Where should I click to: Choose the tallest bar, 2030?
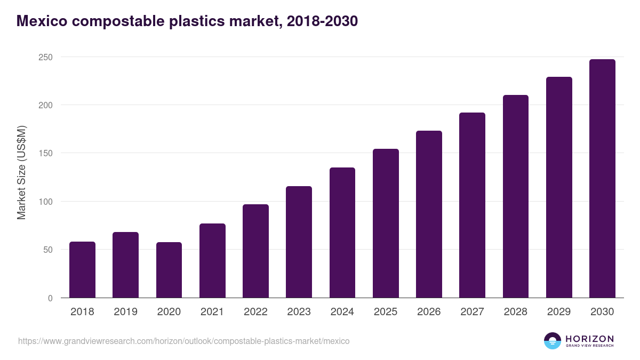602,178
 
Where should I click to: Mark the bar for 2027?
472,205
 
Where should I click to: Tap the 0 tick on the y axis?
50,298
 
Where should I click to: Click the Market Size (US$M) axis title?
21,172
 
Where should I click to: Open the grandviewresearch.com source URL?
183,341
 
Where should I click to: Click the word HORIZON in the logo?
589,338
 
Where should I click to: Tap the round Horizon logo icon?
553,341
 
